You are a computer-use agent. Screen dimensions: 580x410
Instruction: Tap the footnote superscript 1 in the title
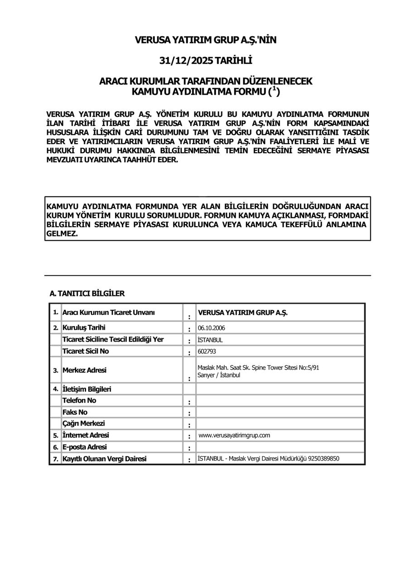pos(274,89)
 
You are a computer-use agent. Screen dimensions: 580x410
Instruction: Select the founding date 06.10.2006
pos(212,328)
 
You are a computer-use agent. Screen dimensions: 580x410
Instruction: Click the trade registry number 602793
pos(207,351)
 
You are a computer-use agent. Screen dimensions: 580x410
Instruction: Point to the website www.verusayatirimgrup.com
pos(234,435)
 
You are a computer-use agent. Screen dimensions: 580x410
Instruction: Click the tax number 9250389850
pos(323,459)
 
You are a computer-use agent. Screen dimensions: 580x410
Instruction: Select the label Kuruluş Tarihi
pos(84,328)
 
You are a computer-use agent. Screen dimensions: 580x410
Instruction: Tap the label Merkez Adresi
pos(84,370)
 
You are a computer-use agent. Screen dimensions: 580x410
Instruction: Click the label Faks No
pos(75,412)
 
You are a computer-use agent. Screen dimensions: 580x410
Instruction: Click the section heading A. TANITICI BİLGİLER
pos(87,294)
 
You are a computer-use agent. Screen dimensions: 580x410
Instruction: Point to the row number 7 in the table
pos(56,459)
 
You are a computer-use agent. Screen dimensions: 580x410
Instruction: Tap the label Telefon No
pos(79,401)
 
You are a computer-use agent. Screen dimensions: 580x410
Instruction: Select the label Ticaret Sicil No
pos(86,351)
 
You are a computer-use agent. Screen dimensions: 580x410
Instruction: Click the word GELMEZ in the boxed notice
pos(62,234)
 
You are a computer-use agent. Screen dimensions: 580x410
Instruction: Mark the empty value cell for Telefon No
pos(280,401)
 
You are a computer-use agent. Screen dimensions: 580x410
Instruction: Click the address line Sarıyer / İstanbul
pos(219,376)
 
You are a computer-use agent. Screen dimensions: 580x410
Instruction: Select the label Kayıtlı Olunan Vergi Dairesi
pos(104,459)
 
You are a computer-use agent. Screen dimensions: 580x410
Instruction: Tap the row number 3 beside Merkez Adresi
pos(56,371)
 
